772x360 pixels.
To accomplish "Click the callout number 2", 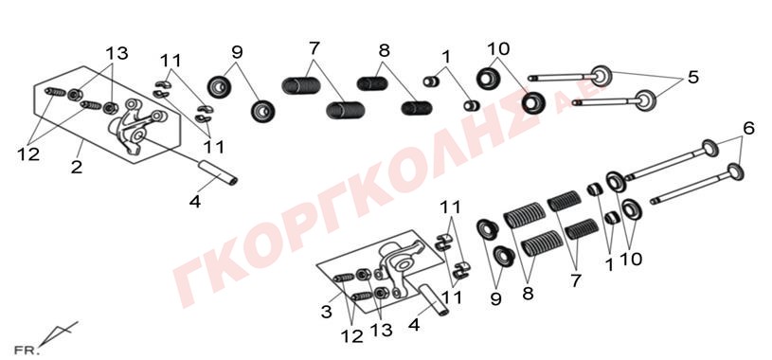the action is [77, 168].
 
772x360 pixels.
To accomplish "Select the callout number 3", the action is [327, 313].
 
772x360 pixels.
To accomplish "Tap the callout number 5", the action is [693, 78].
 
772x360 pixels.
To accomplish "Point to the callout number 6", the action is [748, 129].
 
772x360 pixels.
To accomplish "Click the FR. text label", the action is [27, 351].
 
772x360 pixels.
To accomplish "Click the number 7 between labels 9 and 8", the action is [314, 48].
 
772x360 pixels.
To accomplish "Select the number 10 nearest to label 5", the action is [499, 48].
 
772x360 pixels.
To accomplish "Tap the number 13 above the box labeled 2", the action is [117, 53].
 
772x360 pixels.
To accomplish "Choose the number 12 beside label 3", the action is [352, 336].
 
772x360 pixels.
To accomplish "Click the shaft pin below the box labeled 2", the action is [217, 172].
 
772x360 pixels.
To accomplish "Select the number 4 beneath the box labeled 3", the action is [414, 325].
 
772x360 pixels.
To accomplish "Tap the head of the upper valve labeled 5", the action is [601, 76].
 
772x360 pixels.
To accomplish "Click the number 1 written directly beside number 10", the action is [609, 265].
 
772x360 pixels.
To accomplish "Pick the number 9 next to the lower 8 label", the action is [495, 298].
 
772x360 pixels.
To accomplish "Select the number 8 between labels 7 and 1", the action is [384, 50].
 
